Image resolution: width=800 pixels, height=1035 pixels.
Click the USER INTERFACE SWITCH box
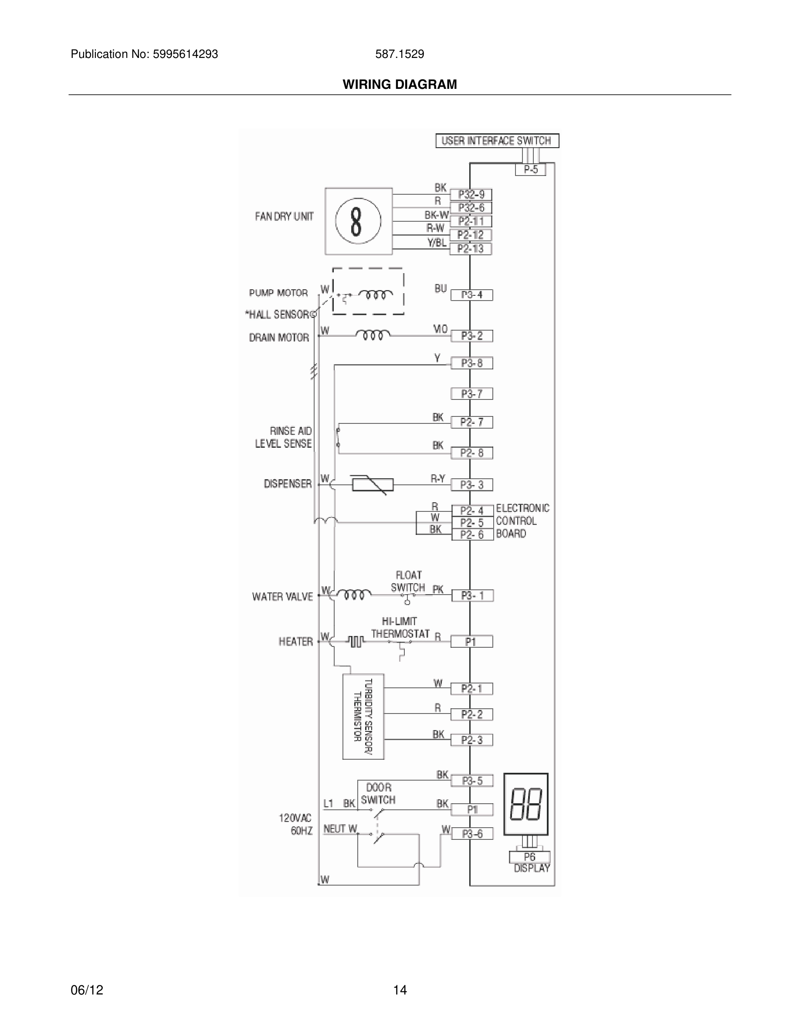pyautogui.click(x=497, y=141)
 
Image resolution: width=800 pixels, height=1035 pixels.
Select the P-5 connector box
pyautogui.click(x=530, y=169)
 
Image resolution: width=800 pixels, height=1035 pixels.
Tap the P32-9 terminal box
pyautogui.click(x=471, y=195)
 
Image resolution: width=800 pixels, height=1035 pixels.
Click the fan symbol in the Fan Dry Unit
pyautogui.click(x=358, y=221)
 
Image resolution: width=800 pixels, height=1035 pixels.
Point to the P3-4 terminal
pyautogui.click(x=471, y=295)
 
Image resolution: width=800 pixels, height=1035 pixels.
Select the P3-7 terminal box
pyautogui.click(x=471, y=394)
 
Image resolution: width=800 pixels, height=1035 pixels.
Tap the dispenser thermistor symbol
pyautogui.click(x=373, y=484)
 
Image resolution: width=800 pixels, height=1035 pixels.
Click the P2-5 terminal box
pyautogui.click(x=471, y=523)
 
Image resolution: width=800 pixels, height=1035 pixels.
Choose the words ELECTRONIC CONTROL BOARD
pyautogui.click(x=522, y=521)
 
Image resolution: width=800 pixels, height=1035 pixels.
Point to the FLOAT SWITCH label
pyautogui.click(x=408, y=581)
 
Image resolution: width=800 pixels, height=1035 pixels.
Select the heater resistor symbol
pyautogui.click(x=356, y=642)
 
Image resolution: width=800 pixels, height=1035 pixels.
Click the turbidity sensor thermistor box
pyautogui.click(x=363, y=716)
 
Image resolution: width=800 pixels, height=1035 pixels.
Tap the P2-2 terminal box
pyautogui.click(x=471, y=714)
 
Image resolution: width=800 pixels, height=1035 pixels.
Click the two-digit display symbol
pyautogui.click(x=525, y=804)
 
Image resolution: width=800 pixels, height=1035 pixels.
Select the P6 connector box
pyautogui.click(x=529, y=857)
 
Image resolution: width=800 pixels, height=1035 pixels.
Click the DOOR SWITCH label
pyautogui.click(x=378, y=794)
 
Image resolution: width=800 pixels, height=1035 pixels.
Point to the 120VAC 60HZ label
pyautogui.click(x=295, y=824)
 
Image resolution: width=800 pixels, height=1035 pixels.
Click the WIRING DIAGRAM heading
pyautogui.click(x=400, y=85)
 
